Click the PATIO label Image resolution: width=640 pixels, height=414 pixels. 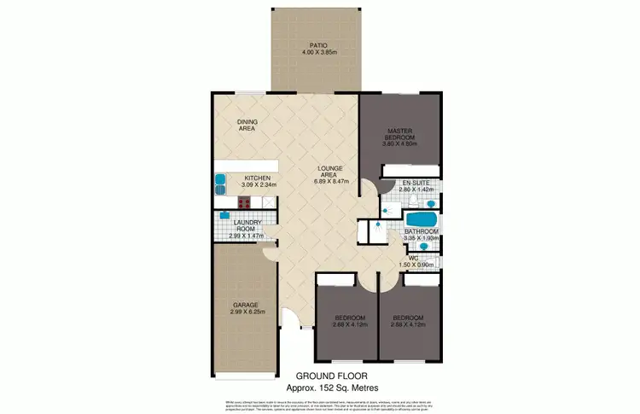point(319,45)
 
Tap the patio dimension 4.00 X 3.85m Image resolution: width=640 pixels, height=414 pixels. point(319,53)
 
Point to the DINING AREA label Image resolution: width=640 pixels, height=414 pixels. point(247,125)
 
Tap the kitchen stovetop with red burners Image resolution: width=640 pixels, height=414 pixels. point(243,203)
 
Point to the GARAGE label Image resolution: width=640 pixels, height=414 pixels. point(245,305)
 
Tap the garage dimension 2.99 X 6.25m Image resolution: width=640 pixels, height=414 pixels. point(245,312)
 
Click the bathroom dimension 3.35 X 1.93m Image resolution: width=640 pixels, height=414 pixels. point(421,238)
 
